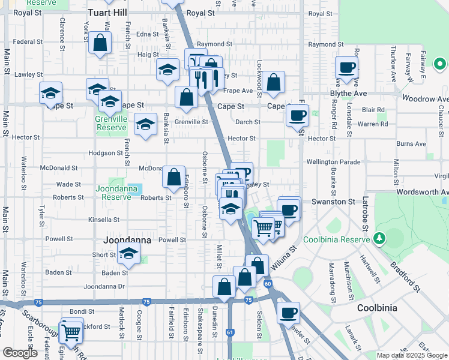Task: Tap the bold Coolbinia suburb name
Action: [377, 308]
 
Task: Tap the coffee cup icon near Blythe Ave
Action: [347, 67]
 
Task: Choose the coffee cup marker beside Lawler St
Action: [289, 313]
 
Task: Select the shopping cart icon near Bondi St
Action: [71, 330]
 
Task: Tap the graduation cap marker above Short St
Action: [128, 254]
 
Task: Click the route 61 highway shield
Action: [230, 331]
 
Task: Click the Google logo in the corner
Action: [20, 353]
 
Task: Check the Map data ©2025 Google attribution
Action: [411, 355]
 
